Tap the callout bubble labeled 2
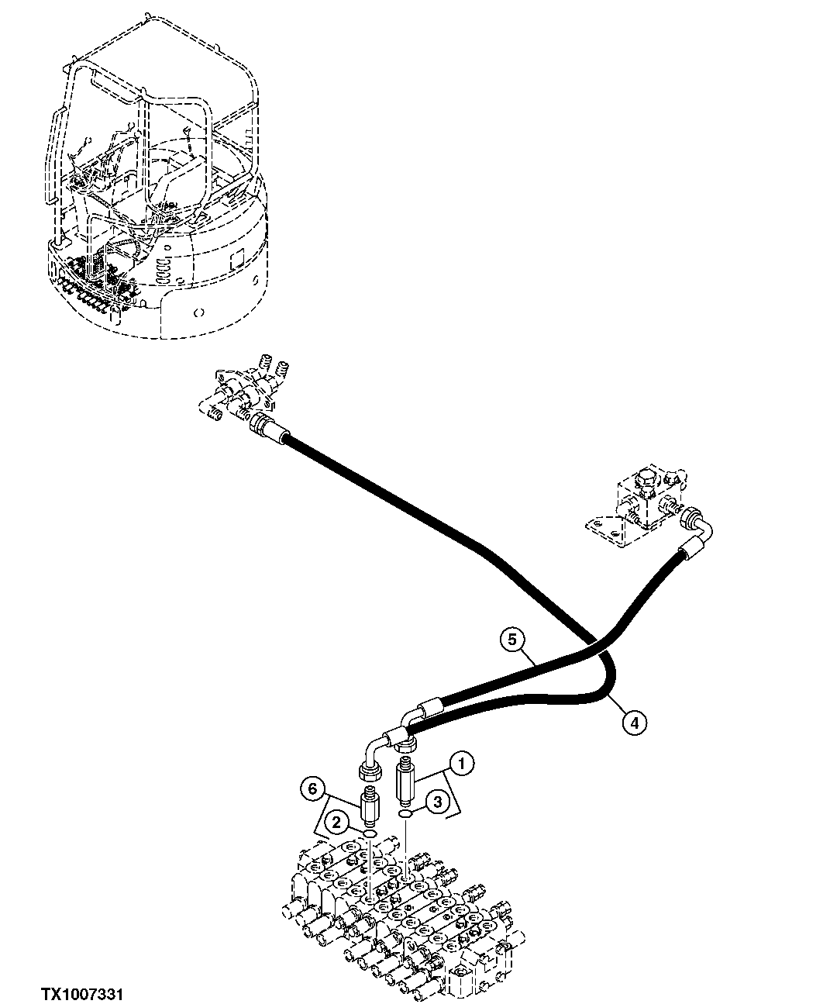(x=336, y=823)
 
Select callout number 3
(x=437, y=802)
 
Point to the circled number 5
(x=511, y=640)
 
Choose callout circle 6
(x=312, y=789)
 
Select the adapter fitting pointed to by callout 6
(x=369, y=808)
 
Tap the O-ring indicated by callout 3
(x=404, y=813)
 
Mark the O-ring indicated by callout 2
(x=370, y=833)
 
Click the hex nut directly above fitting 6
(x=368, y=771)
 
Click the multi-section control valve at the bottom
(x=395, y=907)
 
